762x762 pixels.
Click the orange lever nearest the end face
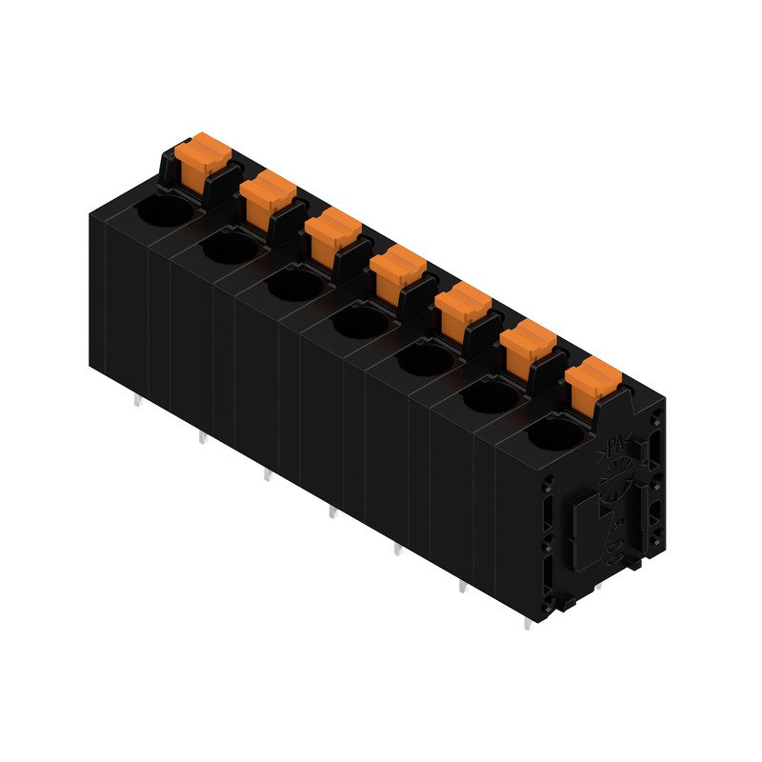pos(592,380)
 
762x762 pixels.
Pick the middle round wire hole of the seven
pos(358,322)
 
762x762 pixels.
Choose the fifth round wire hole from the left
pos(423,359)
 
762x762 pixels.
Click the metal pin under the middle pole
pos(331,514)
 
